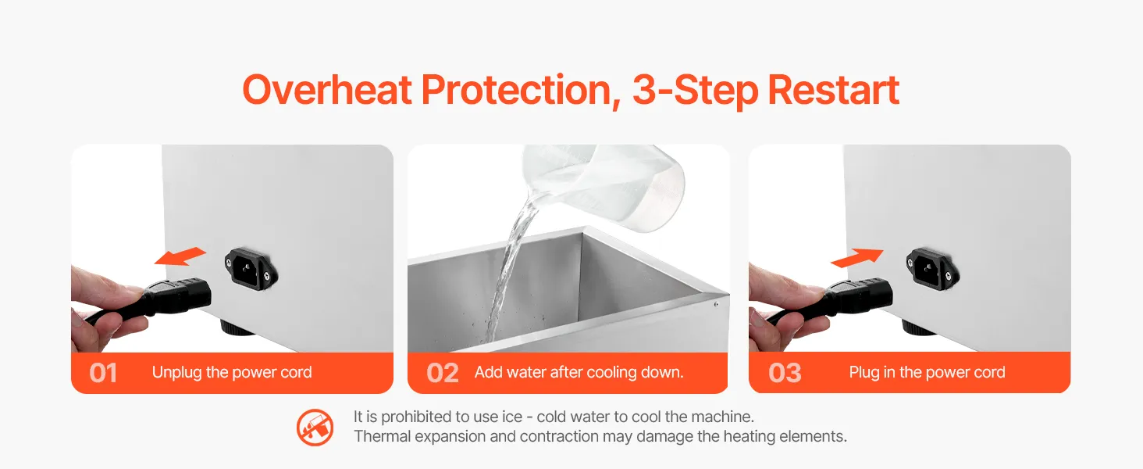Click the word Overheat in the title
tap(327, 91)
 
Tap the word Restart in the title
tap(833, 91)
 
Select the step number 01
tap(103, 373)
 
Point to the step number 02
tap(443, 373)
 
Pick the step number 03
tap(785, 373)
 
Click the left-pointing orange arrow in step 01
tap(180, 256)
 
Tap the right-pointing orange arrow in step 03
tap(857, 257)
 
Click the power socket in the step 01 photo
tap(251, 269)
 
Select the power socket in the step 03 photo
tap(933, 269)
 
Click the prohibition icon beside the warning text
tap(315, 427)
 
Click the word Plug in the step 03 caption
tap(863, 372)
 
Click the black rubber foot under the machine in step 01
tap(238, 327)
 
